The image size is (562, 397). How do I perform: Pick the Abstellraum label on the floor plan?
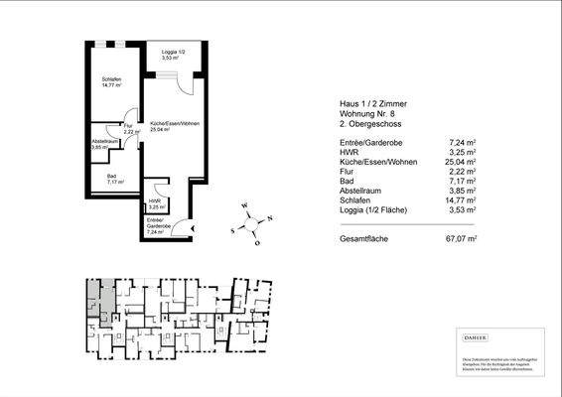pos(104,143)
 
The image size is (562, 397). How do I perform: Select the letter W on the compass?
pos(244,206)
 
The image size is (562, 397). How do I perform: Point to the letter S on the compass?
pos(233,229)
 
